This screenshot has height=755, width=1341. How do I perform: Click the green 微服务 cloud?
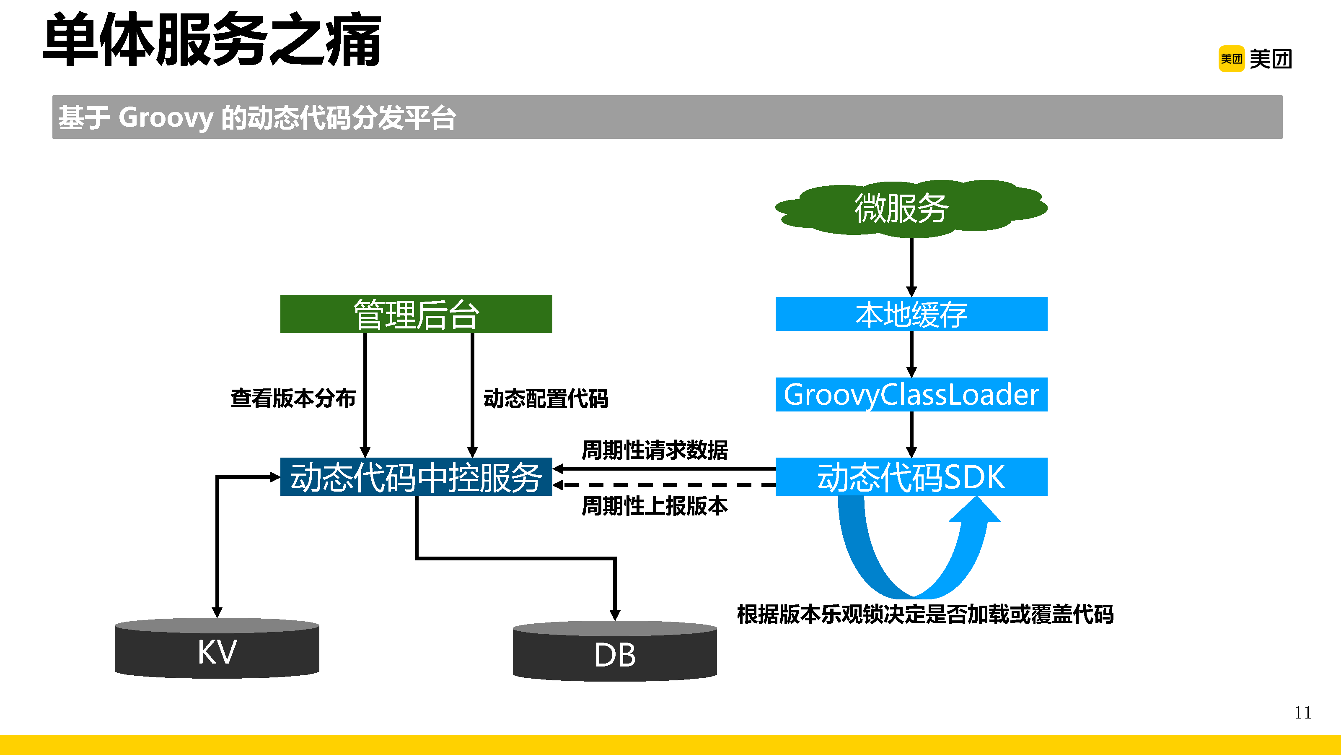(911, 208)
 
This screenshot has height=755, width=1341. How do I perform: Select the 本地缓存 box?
(911, 314)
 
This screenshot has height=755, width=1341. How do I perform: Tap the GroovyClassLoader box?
(911, 394)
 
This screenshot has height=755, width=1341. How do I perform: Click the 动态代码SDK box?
(911, 476)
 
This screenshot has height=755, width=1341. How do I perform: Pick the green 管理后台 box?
(416, 314)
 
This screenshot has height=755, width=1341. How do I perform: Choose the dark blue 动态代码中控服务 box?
(416, 476)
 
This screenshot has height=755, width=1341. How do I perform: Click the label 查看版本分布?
(293, 398)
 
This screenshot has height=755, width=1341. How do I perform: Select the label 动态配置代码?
(546, 398)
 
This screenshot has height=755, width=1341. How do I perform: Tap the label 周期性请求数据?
(654, 450)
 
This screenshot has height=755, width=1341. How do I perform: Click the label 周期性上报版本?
(654, 506)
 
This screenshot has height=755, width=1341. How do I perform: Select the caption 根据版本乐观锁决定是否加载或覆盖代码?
(925, 614)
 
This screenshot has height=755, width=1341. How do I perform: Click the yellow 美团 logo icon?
(1231, 59)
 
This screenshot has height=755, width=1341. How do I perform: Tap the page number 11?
(1302, 712)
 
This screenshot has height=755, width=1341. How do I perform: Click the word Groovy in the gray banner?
(166, 118)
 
